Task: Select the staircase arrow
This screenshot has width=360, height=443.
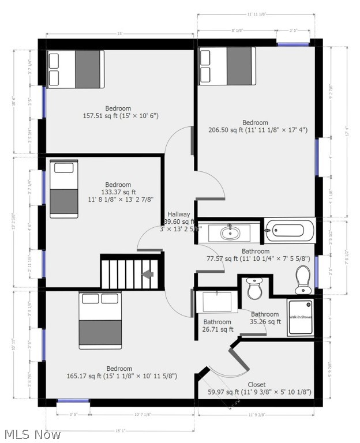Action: [x=149, y=275]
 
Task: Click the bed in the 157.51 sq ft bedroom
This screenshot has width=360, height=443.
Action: [x=76, y=69]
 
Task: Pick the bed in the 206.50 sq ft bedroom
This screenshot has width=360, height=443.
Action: [x=227, y=66]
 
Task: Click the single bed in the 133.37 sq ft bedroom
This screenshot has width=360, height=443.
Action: [x=63, y=189]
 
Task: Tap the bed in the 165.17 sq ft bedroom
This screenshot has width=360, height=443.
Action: [x=100, y=321]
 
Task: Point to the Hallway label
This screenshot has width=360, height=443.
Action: [x=179, y=214]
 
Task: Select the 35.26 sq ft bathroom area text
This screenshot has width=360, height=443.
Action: [x=265, y=321]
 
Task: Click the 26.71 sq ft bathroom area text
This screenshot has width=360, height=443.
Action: [x=217, y=330]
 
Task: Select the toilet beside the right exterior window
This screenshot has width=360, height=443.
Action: [x=303, y=280]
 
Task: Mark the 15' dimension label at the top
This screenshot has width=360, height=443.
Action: [x=119, y=34]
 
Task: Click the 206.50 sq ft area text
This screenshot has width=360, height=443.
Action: [x=257, y=130]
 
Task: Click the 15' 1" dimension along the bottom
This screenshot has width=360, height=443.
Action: [x=119, y=430]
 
